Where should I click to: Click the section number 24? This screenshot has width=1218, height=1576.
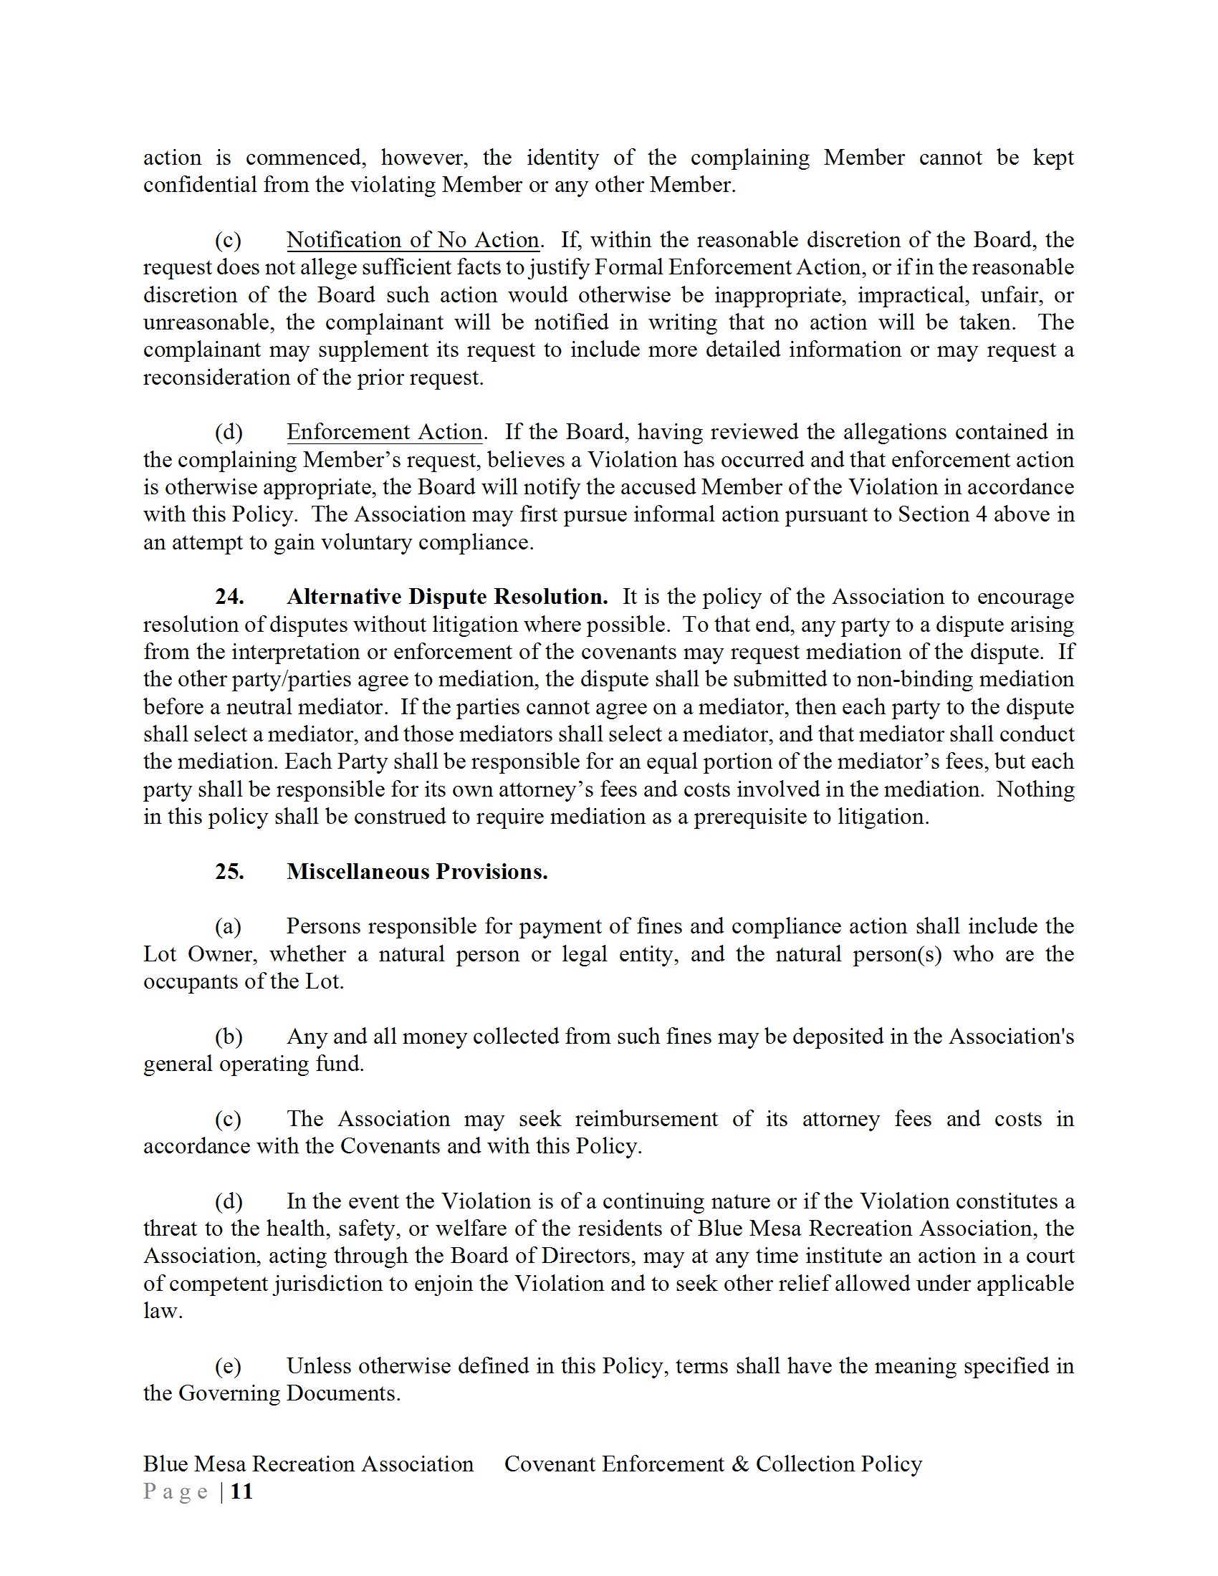(229, 597)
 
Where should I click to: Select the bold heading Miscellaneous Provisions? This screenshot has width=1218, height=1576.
(416, 872)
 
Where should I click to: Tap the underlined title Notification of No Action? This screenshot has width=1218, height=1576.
(412, 239)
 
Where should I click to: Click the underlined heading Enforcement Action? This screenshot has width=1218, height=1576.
(384, 431)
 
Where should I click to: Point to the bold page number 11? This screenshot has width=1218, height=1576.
(241, 1491)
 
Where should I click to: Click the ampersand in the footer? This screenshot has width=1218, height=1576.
(739, 1464)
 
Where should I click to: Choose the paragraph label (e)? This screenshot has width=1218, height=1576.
(228, 1366)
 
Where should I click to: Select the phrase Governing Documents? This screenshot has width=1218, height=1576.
(289, 1393)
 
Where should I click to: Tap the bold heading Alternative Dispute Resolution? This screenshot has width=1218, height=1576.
(446, 597)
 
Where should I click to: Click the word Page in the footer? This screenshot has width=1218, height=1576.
(176, 1491)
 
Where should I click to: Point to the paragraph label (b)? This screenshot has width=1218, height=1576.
(228, 1037)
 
